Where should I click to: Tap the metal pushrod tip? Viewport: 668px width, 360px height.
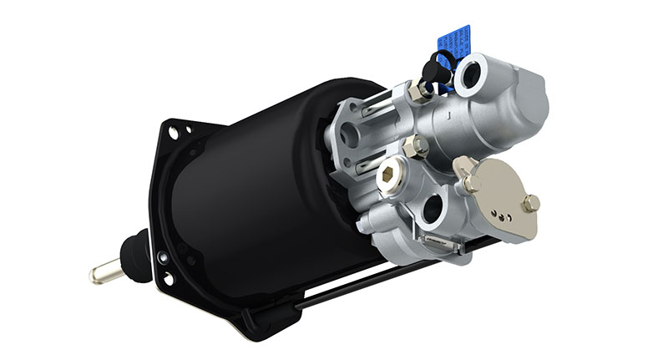(x=100, y=274)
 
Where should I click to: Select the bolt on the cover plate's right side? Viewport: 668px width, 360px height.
(x=530, y=202)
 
